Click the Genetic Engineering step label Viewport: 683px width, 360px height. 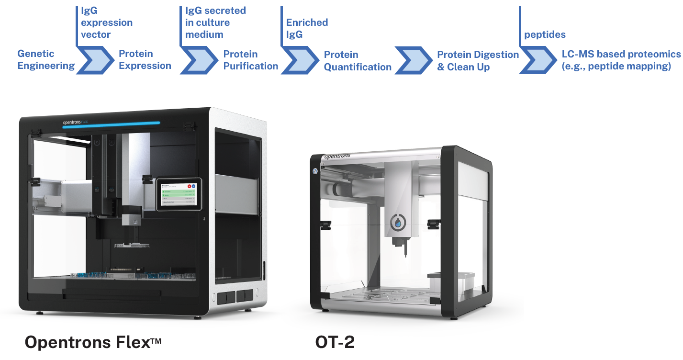tap(46, 60)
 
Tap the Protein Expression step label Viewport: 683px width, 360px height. tap(145, 60)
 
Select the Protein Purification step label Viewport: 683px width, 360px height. tap(250, 60)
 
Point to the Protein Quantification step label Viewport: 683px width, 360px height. tap(357, 61)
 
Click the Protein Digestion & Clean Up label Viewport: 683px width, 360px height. tap(477, 61)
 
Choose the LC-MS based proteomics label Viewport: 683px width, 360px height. tap(620, 60)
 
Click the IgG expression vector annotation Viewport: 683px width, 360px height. tap(106, 22)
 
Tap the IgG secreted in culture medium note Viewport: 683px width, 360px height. tap(215, 22)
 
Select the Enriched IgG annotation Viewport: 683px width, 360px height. tap(307, 28)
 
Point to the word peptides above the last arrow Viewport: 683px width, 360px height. tap(545, 34)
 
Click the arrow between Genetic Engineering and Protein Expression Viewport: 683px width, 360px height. tap(96, 60)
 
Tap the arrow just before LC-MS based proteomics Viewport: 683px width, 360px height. tap(539, 60)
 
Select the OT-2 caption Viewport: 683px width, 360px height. tap(335, 343)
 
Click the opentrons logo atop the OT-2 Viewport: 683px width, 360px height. tap(337, 156)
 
